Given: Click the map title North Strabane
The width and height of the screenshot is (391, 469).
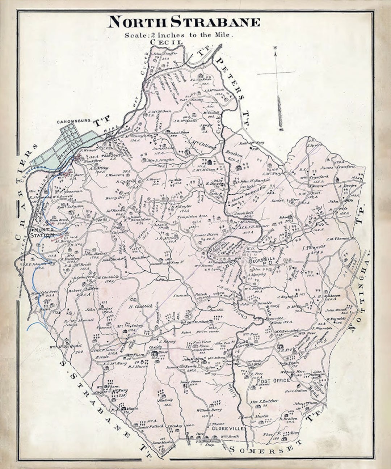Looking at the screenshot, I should tap(184, 22).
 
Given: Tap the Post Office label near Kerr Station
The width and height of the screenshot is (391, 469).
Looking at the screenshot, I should tap(273, 380).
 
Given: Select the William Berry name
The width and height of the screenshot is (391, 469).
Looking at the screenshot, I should tap(209, 410).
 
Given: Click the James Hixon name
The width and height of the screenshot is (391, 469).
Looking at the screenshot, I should tap(205, 235).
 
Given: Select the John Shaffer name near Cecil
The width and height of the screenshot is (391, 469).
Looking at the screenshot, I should tap(165, 54).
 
